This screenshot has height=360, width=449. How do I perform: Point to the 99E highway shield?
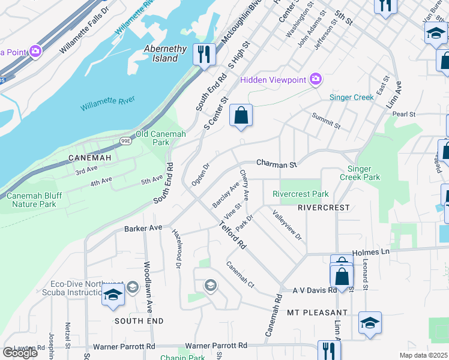[x=125, y=141]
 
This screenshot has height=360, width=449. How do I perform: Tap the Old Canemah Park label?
[x=161, y=139]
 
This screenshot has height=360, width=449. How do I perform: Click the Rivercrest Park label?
[x=300, y=194]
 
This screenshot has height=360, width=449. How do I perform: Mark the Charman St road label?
[x=277, y=163]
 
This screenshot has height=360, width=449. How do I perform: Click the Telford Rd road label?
[x=233, y=236]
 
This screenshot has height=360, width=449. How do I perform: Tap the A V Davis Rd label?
[x=314, y=290]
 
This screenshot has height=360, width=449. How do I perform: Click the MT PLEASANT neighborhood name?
[x=317, y=313]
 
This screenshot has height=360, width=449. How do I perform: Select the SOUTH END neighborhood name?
[x=138, y=321]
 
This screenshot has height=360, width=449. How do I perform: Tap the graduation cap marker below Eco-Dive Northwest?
[x=112, y=295]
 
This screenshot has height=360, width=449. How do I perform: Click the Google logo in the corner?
[x=20, y=352]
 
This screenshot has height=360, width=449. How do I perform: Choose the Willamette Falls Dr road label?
[x=85, y=29]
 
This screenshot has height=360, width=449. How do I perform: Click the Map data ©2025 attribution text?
[x=423, y=355]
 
